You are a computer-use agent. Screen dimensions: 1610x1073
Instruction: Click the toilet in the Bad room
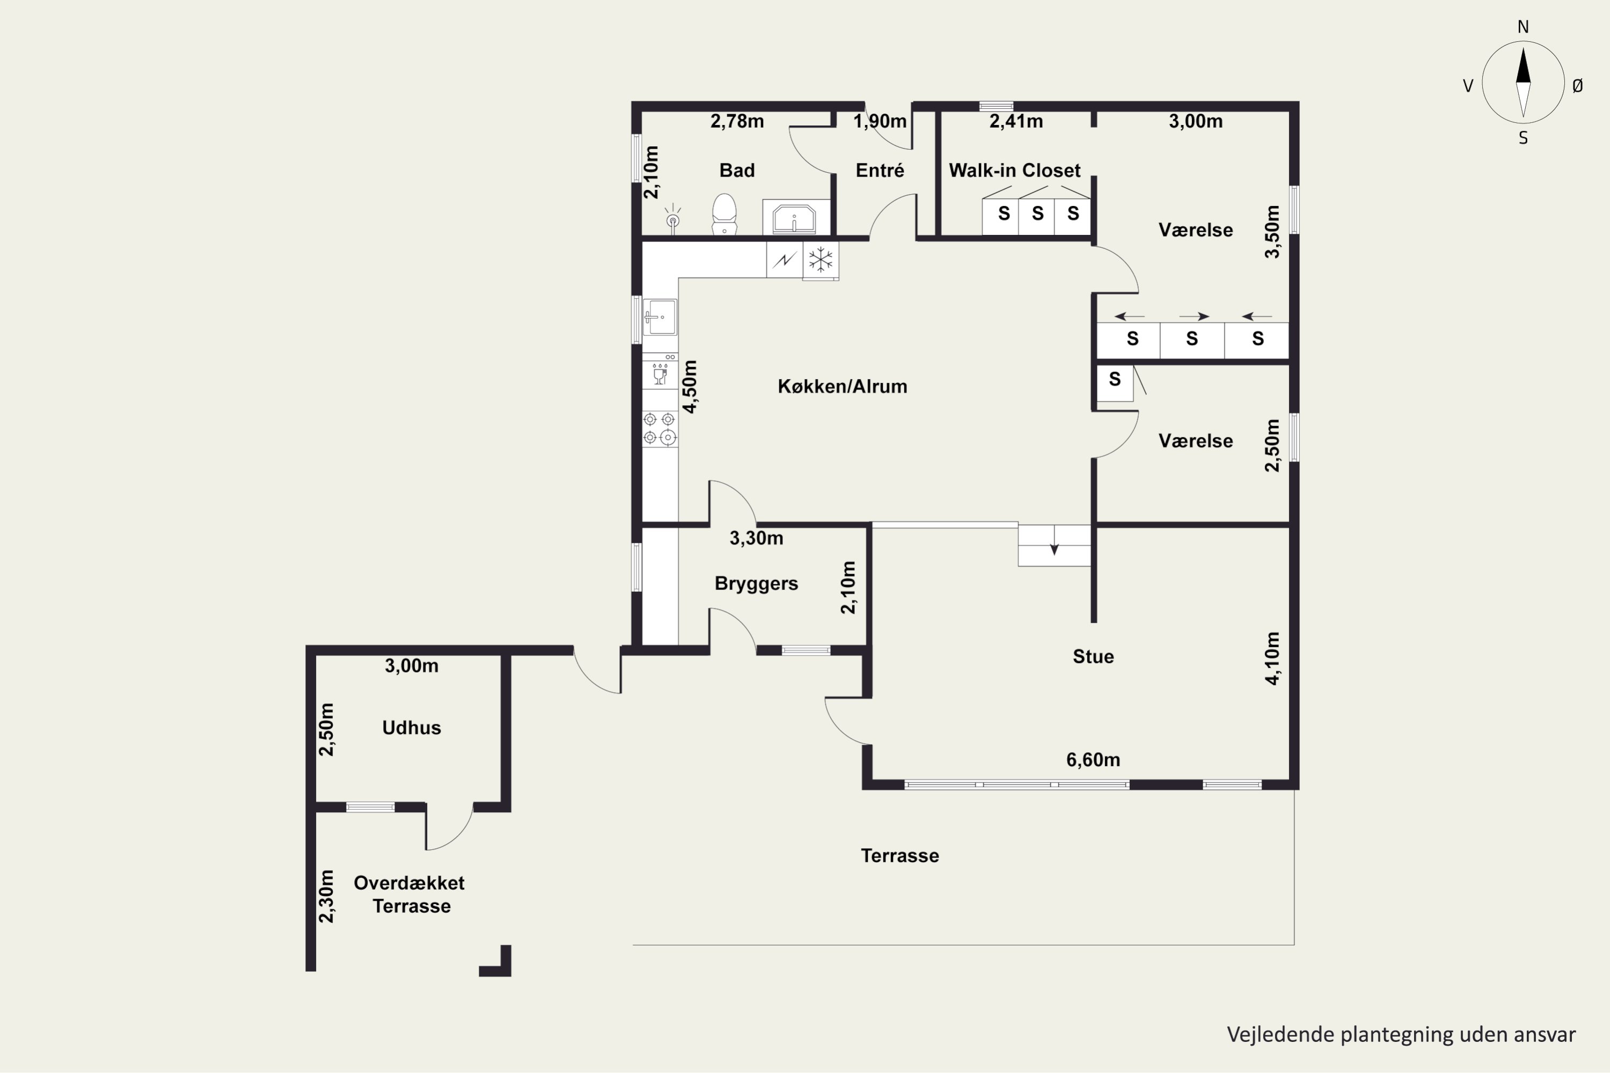[724, 214]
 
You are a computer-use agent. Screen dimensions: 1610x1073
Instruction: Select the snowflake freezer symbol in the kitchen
[820, 260]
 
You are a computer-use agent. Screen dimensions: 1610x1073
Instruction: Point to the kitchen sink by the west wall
[660, 317]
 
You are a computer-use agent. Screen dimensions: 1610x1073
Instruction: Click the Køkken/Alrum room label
[842, 387]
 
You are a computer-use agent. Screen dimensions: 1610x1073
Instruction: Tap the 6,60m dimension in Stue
[1093, 760]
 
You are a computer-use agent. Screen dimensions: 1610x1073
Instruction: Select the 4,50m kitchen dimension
[690, 387]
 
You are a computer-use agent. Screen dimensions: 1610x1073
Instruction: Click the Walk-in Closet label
[1014, 171]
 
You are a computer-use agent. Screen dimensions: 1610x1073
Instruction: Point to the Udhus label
[412, 727]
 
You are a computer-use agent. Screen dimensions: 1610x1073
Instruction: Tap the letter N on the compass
[1523, 27]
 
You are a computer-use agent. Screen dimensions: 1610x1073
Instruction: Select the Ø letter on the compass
[1577, 85]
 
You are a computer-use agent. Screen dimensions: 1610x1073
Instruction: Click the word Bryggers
[756, 584]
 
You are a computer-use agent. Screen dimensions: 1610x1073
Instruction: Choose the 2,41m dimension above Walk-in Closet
[1016, 122]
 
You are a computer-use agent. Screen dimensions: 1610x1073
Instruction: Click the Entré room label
[880, 171]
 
